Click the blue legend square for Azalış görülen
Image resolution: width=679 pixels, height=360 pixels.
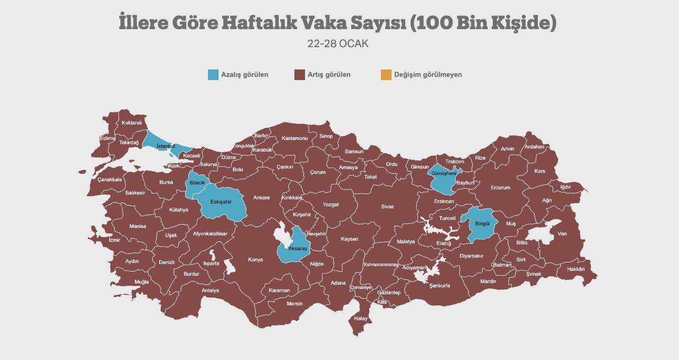point(213,75)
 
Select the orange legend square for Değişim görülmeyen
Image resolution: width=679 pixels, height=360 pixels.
point(386,75)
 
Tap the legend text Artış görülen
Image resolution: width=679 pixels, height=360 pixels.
point(329,75)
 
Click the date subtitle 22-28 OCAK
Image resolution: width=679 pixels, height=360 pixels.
point(338,44)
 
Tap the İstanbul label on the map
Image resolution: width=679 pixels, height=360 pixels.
point(166,146)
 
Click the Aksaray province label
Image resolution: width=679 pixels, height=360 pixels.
point(297,249)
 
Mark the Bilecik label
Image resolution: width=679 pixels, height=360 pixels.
point(197,182)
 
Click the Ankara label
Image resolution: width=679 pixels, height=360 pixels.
point(261,198)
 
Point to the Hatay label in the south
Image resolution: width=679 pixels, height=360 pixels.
point(361,319)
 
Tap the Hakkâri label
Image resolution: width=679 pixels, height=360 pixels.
point(576,269)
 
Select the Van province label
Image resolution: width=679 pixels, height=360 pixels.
point(562,234)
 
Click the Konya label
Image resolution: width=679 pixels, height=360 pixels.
point(255,260)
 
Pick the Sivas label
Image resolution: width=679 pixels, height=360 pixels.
point(387,207)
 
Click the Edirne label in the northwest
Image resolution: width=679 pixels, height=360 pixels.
point(107,138)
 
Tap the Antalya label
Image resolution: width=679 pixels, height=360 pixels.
point(210,291)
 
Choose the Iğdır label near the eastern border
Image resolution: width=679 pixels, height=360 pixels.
point(565,187)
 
